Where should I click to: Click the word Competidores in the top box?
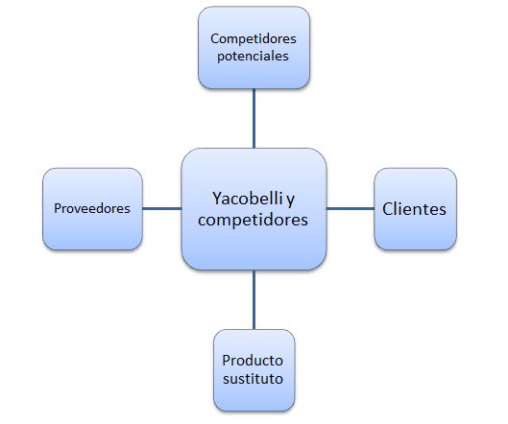click(x=254, y=39)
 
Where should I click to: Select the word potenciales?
click(x=253, y=57)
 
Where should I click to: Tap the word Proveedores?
click(x=92, y=208)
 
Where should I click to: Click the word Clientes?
click(x=414, y=209)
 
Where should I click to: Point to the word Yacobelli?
click(x=248, y=198)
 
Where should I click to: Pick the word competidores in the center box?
click(x=253, y=220)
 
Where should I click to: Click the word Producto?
click(x=253, y=361)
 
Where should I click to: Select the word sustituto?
click(x=253, y=379)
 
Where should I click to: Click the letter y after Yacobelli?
click(x=291, y=200)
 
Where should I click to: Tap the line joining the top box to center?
click(x=254, y=118)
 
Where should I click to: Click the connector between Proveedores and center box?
click(x=162, y=208)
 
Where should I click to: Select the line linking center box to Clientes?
click(x=351, y=208)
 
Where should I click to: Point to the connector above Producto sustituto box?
click(x=254, y=299)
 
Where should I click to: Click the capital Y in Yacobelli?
click(x=217, y=198)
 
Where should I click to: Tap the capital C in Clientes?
click(x=388, y=209)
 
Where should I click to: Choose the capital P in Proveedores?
click(x=58, y=208)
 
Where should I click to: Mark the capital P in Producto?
click(x=226, y=361)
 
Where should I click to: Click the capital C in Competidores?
click(x=215, y=38)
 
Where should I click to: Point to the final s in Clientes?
click(x=443, y=211)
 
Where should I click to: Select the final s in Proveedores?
click(x=127, y=210)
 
